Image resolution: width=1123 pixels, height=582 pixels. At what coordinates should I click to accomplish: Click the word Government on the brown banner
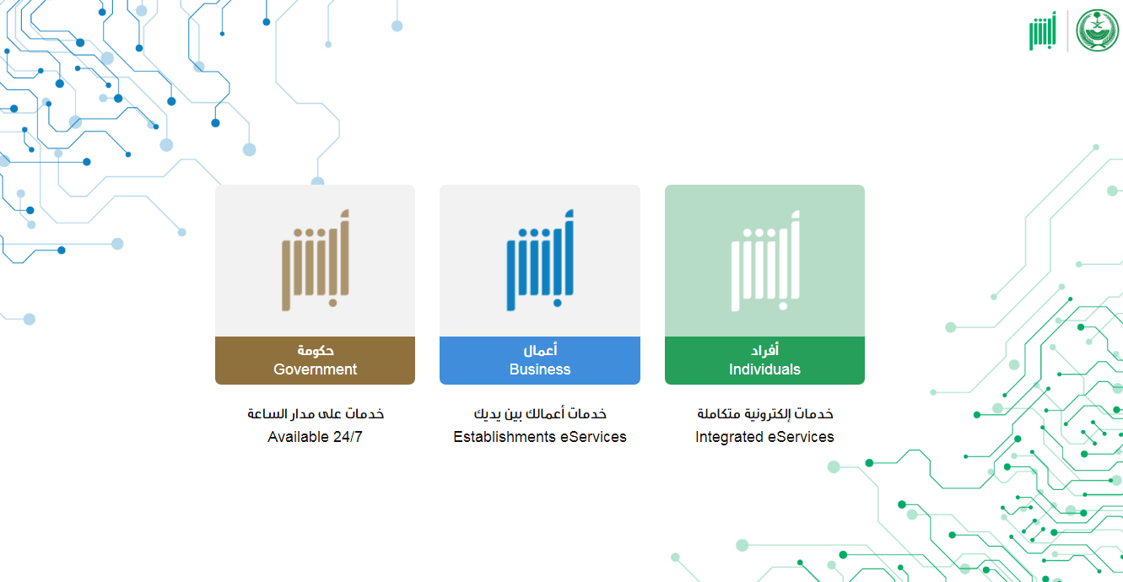[x=315, y=369]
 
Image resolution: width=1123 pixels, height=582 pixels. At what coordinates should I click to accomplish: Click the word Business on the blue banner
[x=540, y=369]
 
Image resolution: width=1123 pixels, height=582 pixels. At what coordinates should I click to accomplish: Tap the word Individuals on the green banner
[x=764, y=369]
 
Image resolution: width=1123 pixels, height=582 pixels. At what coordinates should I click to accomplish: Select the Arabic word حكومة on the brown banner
[x=316, y=350]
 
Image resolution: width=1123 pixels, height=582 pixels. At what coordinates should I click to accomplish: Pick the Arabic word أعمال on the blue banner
[x=540, y=350]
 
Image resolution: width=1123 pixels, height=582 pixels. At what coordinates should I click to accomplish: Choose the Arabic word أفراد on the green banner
[x=764, y=350]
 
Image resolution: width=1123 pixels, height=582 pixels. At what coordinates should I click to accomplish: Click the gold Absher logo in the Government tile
[x=316, y=260]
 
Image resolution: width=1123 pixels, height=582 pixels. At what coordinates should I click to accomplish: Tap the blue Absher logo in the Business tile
[x=540, y=260]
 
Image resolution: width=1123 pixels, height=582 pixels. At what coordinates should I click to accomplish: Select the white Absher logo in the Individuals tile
[x=765, y=261]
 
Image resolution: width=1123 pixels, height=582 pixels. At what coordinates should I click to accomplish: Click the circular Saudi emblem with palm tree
[x=1097, y=30]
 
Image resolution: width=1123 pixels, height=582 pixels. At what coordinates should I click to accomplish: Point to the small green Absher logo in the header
[x=1042, y=30]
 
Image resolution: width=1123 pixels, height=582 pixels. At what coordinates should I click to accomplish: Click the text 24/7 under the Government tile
[x=348, y=437]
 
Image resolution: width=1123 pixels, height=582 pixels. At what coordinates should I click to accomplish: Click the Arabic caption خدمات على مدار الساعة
[x=316, y=414]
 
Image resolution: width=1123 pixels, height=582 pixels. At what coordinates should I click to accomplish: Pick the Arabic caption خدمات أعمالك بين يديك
[x=540, y=414]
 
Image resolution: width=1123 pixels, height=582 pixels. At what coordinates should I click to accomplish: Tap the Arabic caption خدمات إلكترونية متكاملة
[x=765, y=414]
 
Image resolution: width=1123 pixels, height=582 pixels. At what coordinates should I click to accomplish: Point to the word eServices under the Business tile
[x=593, y=437]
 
